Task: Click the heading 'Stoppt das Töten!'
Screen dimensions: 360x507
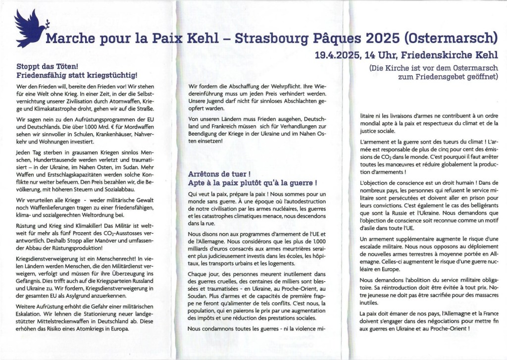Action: click(45, 66)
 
